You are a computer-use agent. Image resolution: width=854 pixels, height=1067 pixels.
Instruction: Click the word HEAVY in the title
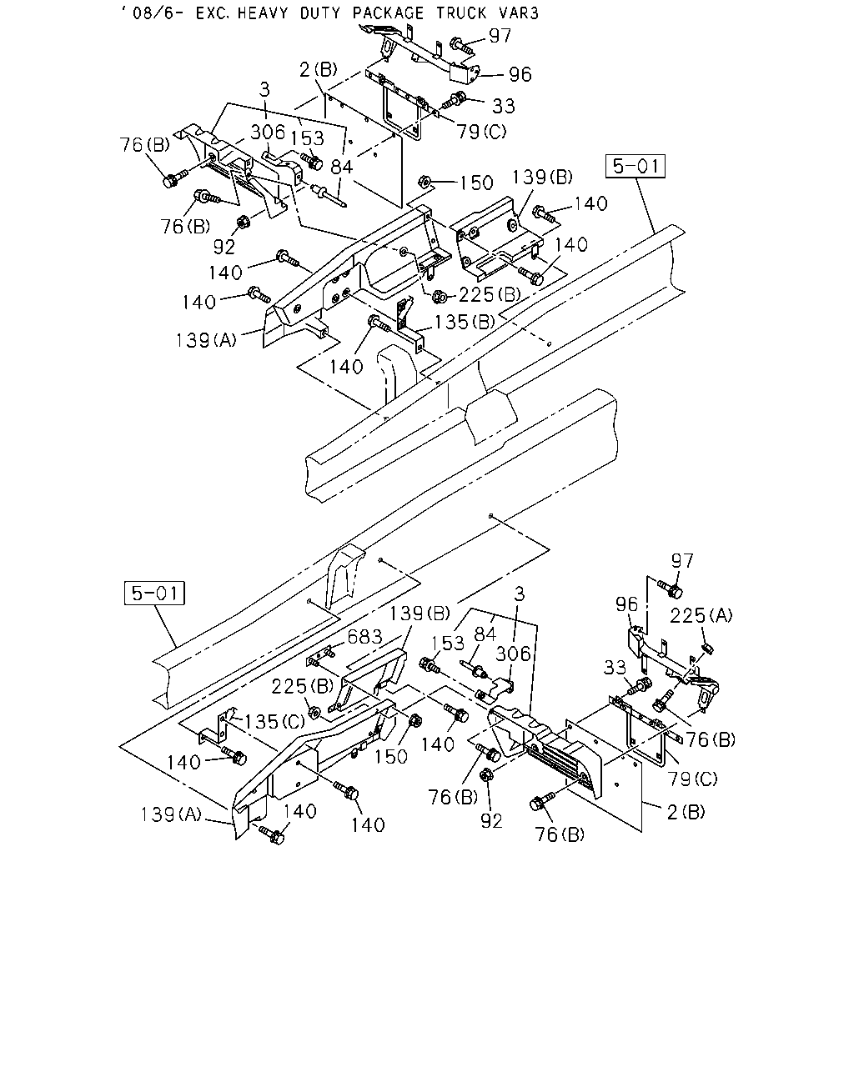(x=262, y=13)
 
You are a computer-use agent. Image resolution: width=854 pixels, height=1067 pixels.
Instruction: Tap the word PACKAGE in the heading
(x=388, y=13)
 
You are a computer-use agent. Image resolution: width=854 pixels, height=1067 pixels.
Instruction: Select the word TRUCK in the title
(x=461, y=13)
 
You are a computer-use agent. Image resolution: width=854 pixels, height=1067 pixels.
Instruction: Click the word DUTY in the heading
(x=320, y=13)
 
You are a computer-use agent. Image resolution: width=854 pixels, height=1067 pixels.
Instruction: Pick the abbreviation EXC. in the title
(x=212, y=13)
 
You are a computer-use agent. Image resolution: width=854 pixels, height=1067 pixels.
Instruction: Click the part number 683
(x=364, y=637)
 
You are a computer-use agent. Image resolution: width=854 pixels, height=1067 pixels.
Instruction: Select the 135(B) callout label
(x=465, y=323)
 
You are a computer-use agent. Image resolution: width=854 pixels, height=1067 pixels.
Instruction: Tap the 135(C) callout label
(x=274, y=721)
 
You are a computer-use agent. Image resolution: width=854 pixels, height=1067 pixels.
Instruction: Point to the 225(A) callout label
(x=701, y=616)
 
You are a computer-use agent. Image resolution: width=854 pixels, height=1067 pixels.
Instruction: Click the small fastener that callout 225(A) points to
(x=708, y=648)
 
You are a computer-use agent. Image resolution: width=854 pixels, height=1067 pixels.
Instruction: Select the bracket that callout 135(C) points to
(x=217, y=729)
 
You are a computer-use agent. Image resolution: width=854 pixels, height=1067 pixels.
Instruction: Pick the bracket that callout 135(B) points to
(x=409, y=325)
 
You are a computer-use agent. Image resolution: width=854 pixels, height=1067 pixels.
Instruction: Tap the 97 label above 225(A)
(x=682, y=561)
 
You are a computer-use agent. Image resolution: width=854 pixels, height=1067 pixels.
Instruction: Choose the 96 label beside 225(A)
(x=626, y=604)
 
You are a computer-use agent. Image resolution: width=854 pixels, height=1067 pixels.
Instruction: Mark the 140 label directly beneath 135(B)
(x=346, y=367)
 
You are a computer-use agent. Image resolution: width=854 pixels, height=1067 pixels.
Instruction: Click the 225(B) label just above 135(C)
(x=303, y=686)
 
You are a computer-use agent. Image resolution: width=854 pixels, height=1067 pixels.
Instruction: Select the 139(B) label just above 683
(x=419, y=614)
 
